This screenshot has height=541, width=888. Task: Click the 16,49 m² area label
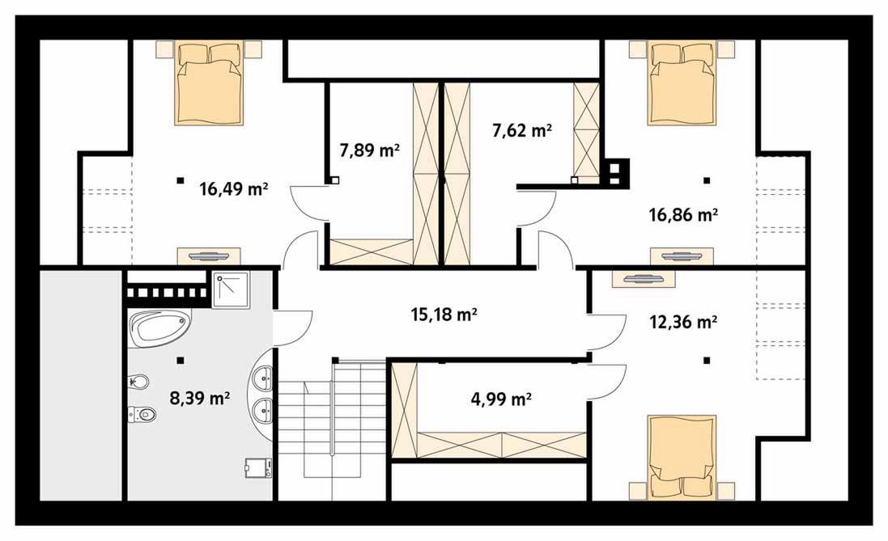click(x=233, y=188)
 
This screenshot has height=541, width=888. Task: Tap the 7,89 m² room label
click(x=370, y=150)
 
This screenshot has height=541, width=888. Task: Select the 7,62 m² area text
click(x=522, y=131)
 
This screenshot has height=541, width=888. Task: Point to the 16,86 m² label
click(x=683, y=215)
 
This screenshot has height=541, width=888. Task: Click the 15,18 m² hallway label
click(x=444, y=314)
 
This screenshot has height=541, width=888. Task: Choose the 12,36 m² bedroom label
click(x=683, y=322)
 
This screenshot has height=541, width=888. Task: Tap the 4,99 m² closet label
click(x=501, y=399)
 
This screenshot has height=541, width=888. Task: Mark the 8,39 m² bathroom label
click(x=200, y=399)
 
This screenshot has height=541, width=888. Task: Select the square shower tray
click(x=231, y=290)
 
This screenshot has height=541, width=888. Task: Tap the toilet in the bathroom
click(x=142, y=414)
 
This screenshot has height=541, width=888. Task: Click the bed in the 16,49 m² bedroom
click(x=209, y=82)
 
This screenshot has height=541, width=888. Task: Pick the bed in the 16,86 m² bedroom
click(x=682, y=82)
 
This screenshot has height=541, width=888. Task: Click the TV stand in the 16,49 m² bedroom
click(x=209, y=256)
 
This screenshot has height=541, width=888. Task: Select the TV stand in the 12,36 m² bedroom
click(x=644, y=279)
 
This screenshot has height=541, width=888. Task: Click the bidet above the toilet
click(x=138, y=382)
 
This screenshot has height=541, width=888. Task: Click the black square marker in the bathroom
click(x=180, y=359)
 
